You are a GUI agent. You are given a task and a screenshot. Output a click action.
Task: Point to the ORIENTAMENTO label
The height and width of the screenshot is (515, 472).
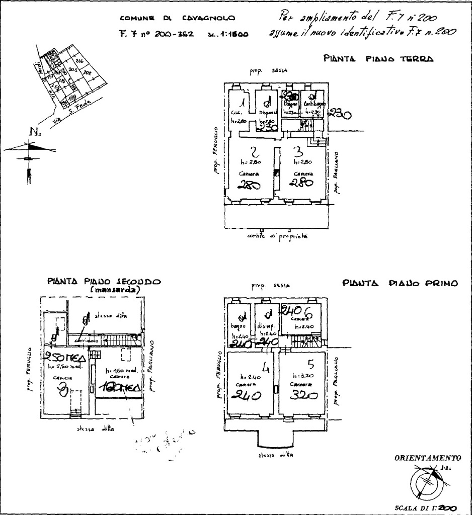click(428, 459)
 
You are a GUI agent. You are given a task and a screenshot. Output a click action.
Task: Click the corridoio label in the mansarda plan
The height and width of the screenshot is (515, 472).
click(85, 340)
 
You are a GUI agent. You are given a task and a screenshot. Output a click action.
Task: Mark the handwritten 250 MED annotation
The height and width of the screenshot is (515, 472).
click(64, 358)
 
